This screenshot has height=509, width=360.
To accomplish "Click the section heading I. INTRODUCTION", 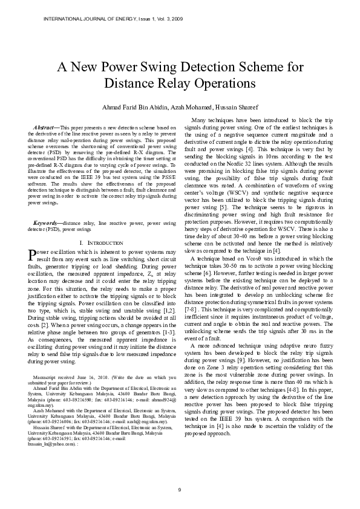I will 101,225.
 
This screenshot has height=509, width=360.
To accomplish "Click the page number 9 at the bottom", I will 179,488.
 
